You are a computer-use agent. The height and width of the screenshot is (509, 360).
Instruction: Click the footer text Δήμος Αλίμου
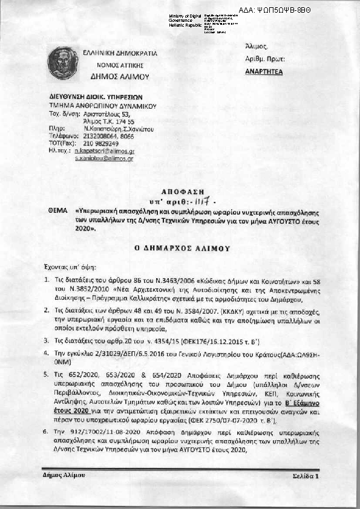[x=64, y=475]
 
